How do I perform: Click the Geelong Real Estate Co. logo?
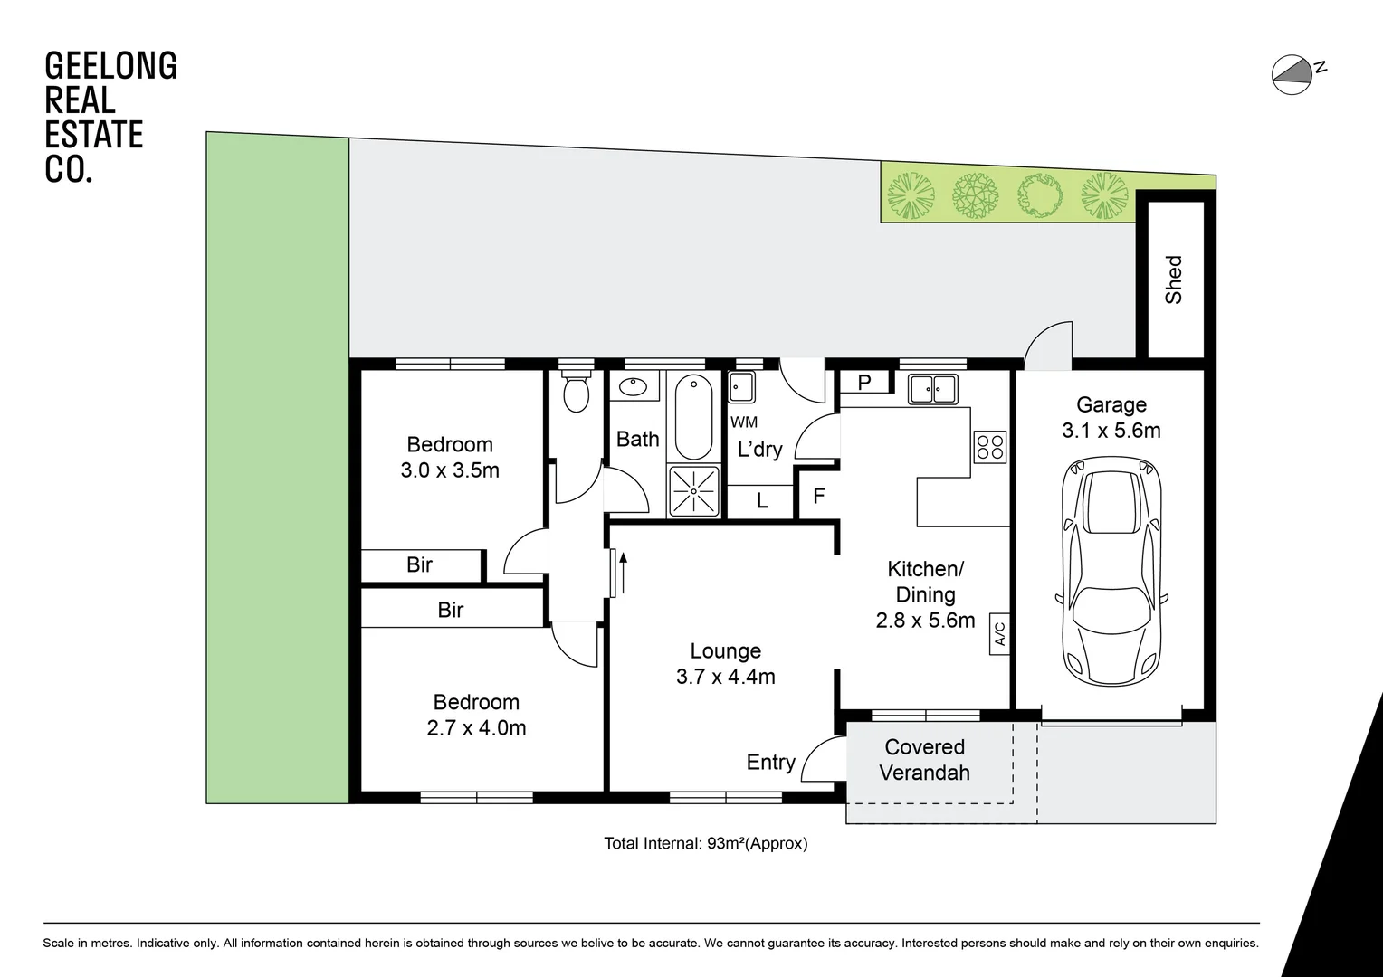(110, 118)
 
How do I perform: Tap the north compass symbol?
(1292, 74)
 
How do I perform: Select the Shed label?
(1174, 280)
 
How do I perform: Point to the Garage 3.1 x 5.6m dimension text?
(1111, 431)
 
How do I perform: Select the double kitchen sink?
(932, 389)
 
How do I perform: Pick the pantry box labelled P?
(864, 383)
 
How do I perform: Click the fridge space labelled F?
(818, 497)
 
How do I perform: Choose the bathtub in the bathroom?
(693, 419)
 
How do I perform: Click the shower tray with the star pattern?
(693, 490)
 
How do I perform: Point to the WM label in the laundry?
(744, 422)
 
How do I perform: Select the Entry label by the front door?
(770, 763)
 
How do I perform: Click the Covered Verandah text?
(924, 760)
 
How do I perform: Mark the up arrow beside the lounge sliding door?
(623, 572)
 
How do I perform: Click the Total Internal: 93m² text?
(705, 844)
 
